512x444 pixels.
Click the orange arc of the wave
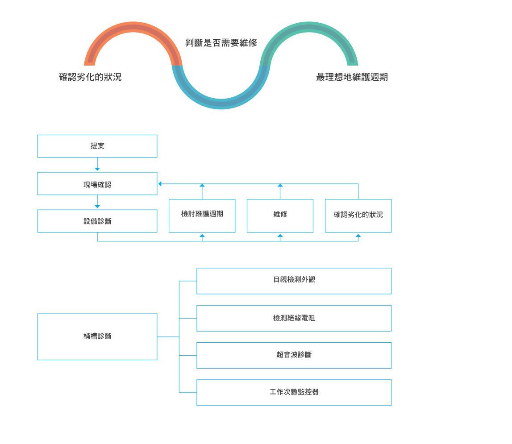point(133,27)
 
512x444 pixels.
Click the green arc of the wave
point(309,27)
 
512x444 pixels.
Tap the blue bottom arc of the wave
point(221,104)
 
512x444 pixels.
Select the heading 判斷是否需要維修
point(221,43)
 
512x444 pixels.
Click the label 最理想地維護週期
point(352,77)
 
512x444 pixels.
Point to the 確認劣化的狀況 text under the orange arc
point(90,77)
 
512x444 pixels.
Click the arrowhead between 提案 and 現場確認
point(97,169)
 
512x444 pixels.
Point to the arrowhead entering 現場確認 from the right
point(160,184)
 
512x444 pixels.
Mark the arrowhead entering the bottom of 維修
point(280,236)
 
